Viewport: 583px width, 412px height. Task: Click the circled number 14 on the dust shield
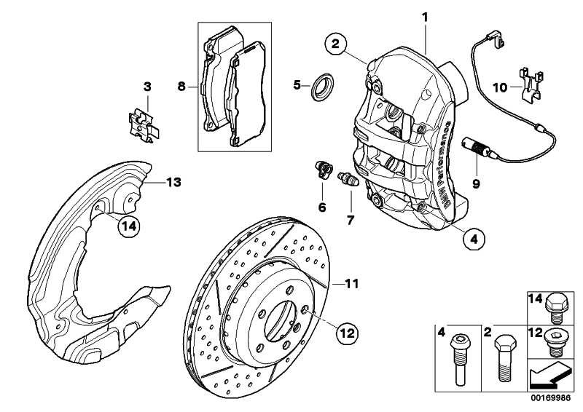pyautogui.click(x=128, y=226)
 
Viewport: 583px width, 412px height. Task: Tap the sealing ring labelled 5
pyautogui.click(x=319, y=86)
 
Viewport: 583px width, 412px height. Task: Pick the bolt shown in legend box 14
pyautogui.click(x=555, y=306)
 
